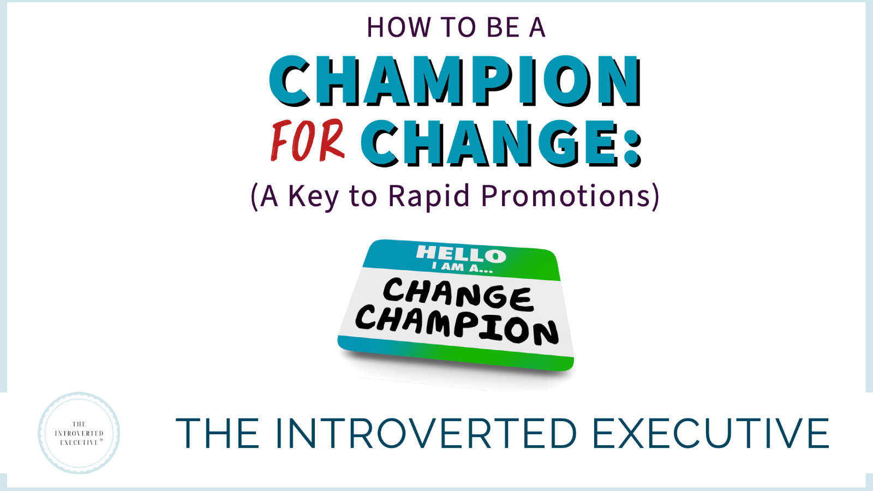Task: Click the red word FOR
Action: click(x=308, y=141)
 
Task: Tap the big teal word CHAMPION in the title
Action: click(x=455, y=81)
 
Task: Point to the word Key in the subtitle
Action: click(x=313, y=197)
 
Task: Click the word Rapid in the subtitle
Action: click(x=429, y=196)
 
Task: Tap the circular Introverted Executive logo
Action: click(x=79, y=433)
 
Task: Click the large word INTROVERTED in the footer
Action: click(x=426, y=433)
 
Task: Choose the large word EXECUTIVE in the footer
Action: click(x=711, y=433)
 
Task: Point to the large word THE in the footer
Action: click(x=218, y=433)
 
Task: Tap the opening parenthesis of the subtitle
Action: click(x=254, y=197)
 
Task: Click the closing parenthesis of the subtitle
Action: click(x=655, y=197)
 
